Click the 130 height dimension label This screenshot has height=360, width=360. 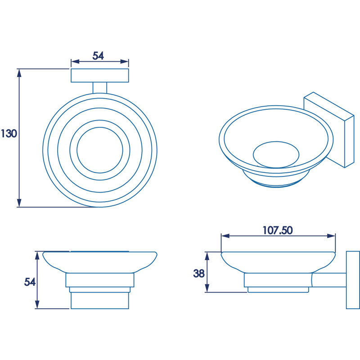(x=9, y=133)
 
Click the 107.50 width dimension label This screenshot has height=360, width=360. (x=278, y=230)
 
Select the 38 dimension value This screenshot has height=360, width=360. (x=198, y=273)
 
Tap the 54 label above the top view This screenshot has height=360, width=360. (x=98, y=56)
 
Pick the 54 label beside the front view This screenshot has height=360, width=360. (x=30, y=282)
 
